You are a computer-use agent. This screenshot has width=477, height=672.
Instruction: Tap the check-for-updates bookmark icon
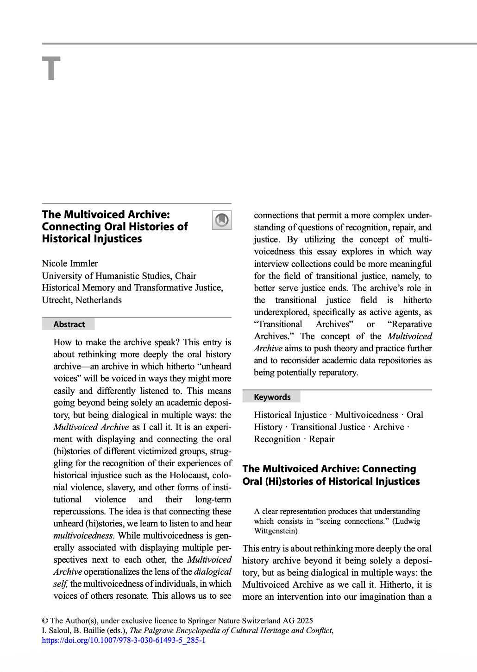tap(222, 220)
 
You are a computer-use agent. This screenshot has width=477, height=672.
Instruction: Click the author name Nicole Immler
tap(70, 263)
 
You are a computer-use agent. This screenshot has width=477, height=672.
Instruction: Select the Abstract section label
tap(69, 324)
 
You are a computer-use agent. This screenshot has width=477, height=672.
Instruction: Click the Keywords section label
tap(272, 397)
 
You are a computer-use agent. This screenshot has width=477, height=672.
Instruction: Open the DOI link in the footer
tap(124, 640)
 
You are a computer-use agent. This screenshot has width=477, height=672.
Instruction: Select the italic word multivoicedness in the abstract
tap(83, 535)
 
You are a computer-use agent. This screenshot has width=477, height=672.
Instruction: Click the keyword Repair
tap(321, 439)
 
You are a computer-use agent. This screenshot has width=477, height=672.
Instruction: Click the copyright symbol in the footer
tap(45, 621)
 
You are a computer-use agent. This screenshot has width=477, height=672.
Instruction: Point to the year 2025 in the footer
tap(305, 621)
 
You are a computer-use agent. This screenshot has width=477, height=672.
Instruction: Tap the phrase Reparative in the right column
tap(411, 324)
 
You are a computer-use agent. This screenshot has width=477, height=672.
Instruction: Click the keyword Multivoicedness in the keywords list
tap(366, 415)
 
